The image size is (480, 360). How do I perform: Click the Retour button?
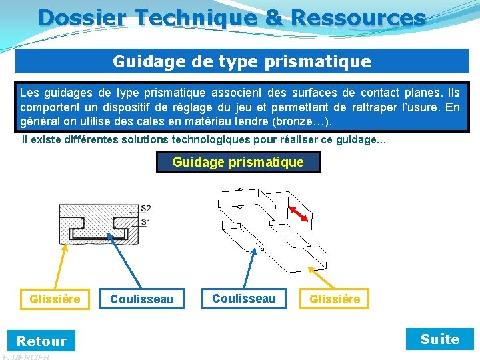point(41,341)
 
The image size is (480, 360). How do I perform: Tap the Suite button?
point(439,339)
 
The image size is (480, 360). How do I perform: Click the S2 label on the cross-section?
point(145,209)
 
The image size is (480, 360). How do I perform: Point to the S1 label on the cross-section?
point(145,221)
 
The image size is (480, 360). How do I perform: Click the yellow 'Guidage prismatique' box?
point(238,162)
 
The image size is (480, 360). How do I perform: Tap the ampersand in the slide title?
point(273,17)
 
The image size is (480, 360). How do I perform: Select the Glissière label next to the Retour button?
point(55,299)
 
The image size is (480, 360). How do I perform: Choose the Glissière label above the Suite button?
point(335,299)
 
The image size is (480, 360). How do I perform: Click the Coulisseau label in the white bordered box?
point(243,299)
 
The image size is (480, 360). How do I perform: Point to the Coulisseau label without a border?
point(141,300)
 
